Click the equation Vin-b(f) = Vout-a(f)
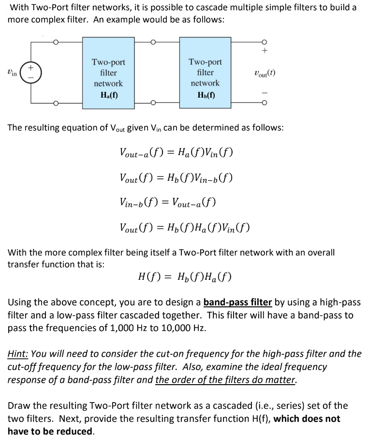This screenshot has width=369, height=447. click(x=167, y=202)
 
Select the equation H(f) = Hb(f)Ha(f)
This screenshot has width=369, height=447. click(x=184, y=277)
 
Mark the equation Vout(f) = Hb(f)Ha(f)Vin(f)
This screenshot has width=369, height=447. click(x=184, y=227)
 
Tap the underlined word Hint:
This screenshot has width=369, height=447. click(x=18, y=354)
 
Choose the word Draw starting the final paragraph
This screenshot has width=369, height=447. click(x=18, y=405)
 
